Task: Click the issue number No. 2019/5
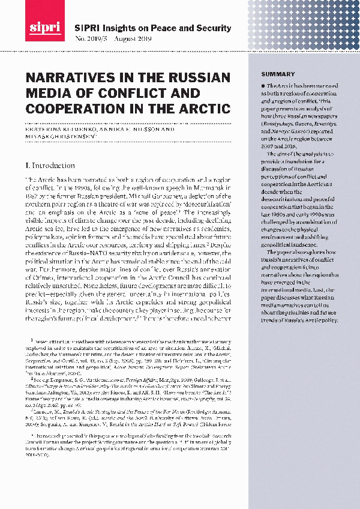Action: pyautogui.click(x=89, y=39)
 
